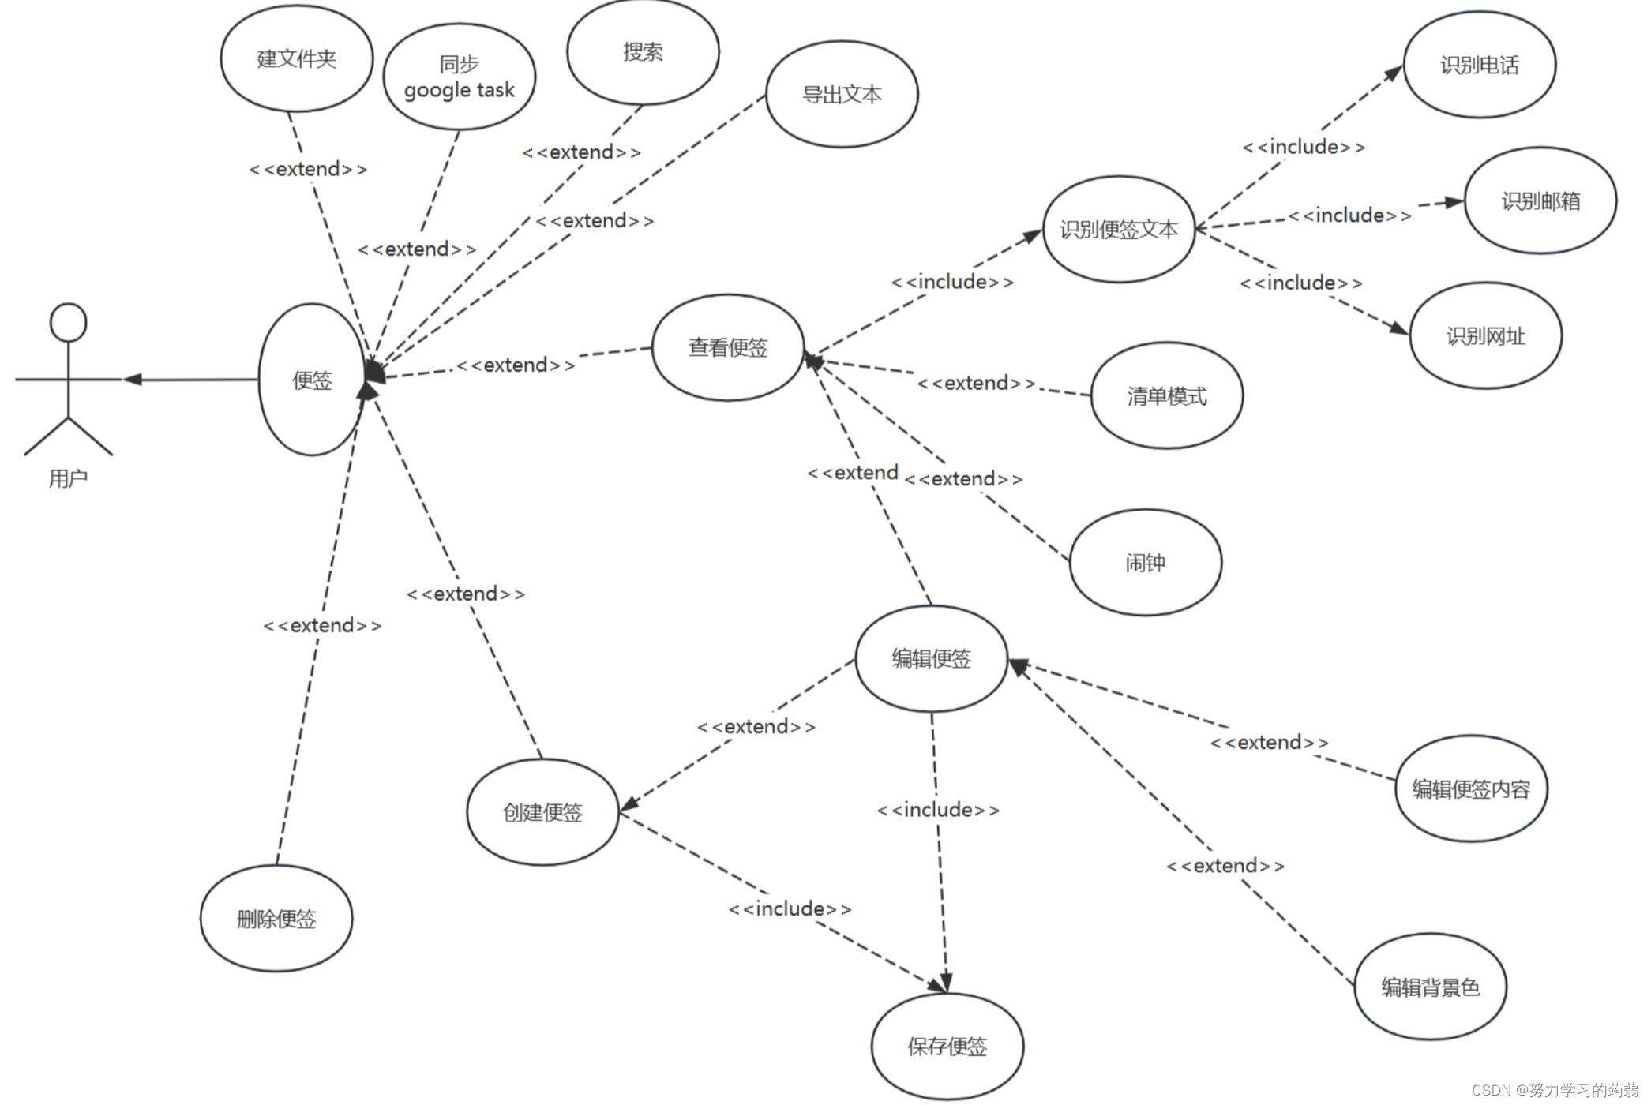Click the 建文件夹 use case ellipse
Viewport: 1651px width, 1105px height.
click(296, 58)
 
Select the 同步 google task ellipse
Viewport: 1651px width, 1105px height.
click(459, 77)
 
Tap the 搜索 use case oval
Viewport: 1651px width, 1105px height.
click(643, 52)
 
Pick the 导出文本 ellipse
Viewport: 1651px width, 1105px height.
click(842, 95)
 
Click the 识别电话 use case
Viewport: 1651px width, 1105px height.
click(1479, 65)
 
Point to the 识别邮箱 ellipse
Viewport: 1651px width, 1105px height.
click(1540, 200)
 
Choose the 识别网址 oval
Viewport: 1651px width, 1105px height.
click(1485, 336)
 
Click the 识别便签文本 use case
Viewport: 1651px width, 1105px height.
click(1118, 229)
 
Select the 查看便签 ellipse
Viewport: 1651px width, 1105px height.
click(728, 347)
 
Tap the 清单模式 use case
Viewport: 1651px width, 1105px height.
click(1166, 395)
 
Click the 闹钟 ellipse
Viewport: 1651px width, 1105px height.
click(1145, 562)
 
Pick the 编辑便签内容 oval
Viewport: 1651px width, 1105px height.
click(1470, 788)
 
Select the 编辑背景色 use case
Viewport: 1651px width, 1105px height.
click(1430, 987)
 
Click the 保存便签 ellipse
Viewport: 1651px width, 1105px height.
click(947, 1046)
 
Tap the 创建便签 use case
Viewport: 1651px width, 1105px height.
click(542, 812)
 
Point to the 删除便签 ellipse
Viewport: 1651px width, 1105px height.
click(276, 919)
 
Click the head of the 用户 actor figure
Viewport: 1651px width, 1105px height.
click(68, 323)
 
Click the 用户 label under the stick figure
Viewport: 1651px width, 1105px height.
click(68, 478)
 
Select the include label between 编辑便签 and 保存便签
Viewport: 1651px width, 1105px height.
click(938, 810)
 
